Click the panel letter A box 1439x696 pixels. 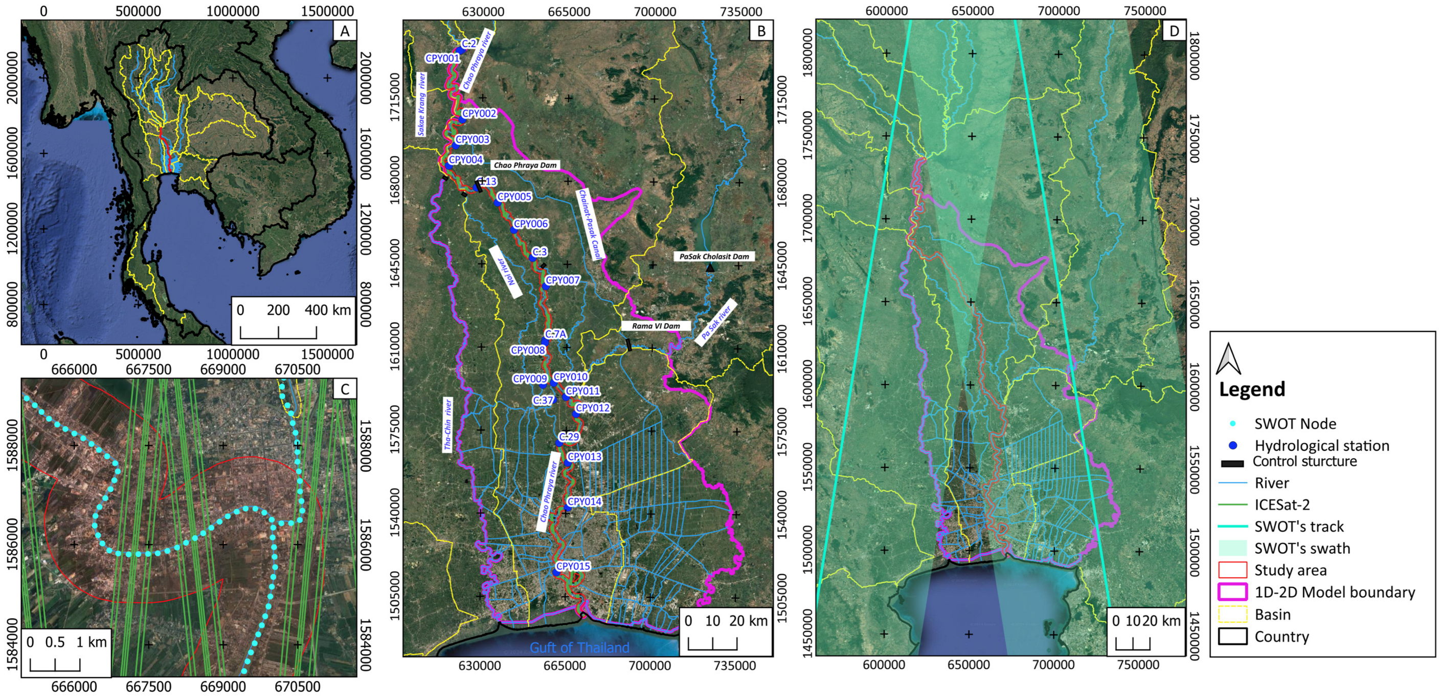click(345, 31)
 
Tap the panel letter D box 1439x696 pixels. click(1174, 31)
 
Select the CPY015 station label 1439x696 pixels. click(573, 566)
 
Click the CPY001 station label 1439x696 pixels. click(442, 58)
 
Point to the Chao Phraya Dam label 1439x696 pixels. click(525, 165)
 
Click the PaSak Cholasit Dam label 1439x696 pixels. click(714, 256)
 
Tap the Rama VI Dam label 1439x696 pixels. click(656, 326)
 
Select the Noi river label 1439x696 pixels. click(505, 272)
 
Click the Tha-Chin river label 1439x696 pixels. click(447, 425)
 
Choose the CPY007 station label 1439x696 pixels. click(563, 280)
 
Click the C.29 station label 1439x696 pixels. click(569, 437)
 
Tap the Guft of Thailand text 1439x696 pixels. click(579, 647)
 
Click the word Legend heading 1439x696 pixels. click(1252, 389)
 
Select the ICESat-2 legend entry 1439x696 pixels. click(1282, 505)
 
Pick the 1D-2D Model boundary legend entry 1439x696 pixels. click(1335, 592)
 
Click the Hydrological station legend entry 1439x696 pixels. click(1322, 446)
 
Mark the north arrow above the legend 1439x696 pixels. click(1228, 359)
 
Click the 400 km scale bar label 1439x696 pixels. click(328, 310)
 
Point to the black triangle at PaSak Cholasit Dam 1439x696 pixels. click(710, 268)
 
